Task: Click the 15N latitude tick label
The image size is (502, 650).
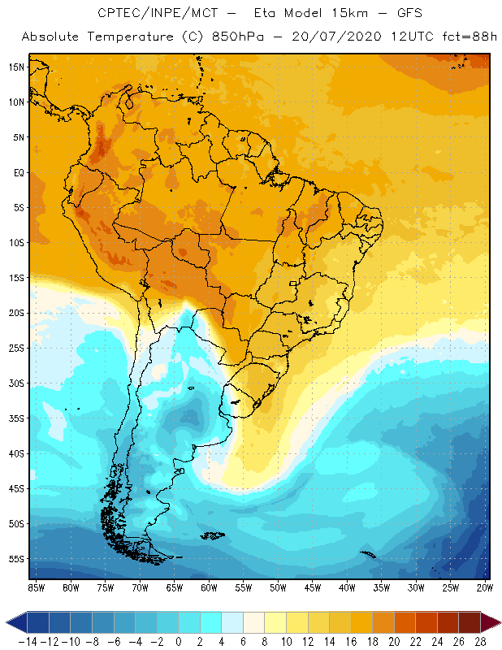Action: pyautogui.click(x=16, y=67)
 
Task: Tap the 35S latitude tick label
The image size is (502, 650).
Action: pyautogui.click(x=16, y=418)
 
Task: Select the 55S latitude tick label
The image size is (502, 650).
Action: pyautogui.click(x=16, y=559)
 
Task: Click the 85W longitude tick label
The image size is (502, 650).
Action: pyautogui.click(x=36, y=587)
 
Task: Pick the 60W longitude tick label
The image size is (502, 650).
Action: pyautogui.click(x=209, y=587)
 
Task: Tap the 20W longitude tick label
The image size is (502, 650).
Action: pyautogui.click(x=486, y=587)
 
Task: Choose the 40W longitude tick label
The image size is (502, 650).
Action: pyautogui.click(x=347, y=587)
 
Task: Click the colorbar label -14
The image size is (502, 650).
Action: pyautogui.click(x=27, y=642)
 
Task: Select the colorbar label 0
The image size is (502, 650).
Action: pyautogui.click(x=179, y=642)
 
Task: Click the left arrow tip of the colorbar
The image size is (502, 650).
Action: pyautogui.click(x=7, y=622)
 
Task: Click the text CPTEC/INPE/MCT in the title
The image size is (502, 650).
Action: pyautogui.click(x=150, y=14)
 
